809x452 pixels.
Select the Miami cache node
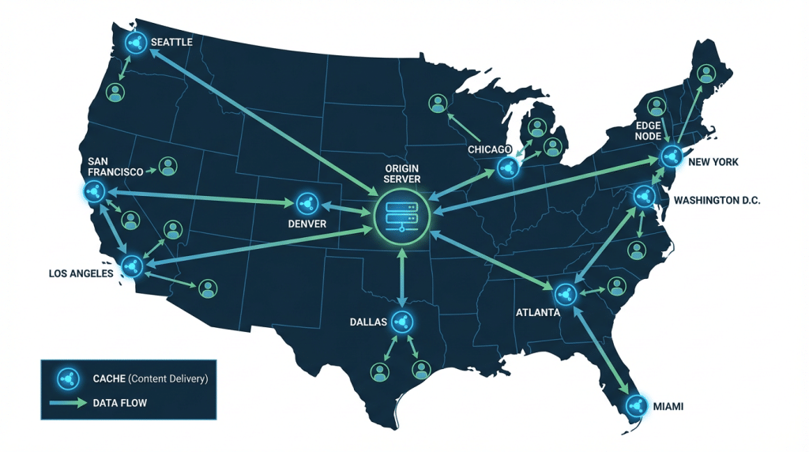pyautogui.click(x=635, y=406)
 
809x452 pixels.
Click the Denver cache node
pyautogui.click(x=307, y=204)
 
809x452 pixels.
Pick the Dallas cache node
pyautogui.click(x=402, y=321)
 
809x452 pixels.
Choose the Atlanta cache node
pyautogui.click(x=565, y=295)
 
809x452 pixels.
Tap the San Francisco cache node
pyautogui.click(x=95, y=191)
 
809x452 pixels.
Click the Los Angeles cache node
pyautogui.click(x=131, y=266)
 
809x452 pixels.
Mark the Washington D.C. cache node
pyautogui.click(x=643, y=195)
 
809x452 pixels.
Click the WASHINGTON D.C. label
pyautogui.click(x=717, y=201)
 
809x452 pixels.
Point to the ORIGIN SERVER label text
pyautogui.click(x=402, y=174)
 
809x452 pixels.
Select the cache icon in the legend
pyautogui.click(x=66, y=378)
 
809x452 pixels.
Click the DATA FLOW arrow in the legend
pyautogui.click(x=67, y=403)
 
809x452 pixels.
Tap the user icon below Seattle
pyautogui.click(x=117, y=92)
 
